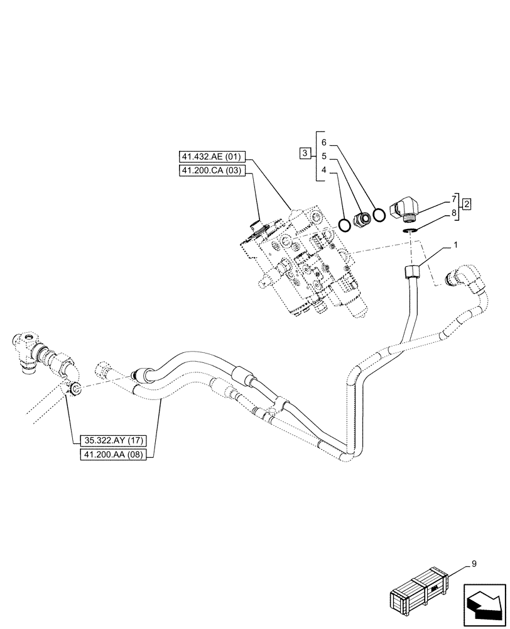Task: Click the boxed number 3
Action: pyautogui.click(x=305, y=153)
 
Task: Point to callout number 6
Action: pyautogui.click(x=323, y=142)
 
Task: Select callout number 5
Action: pyautogui.click(x=323, y=156)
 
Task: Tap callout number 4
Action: pyautogui.click(x=323, y=170)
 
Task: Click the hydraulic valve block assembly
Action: pyautogui.click(x=301, y=261)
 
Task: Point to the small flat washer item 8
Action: pyautogui.click(x=411, y=231)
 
